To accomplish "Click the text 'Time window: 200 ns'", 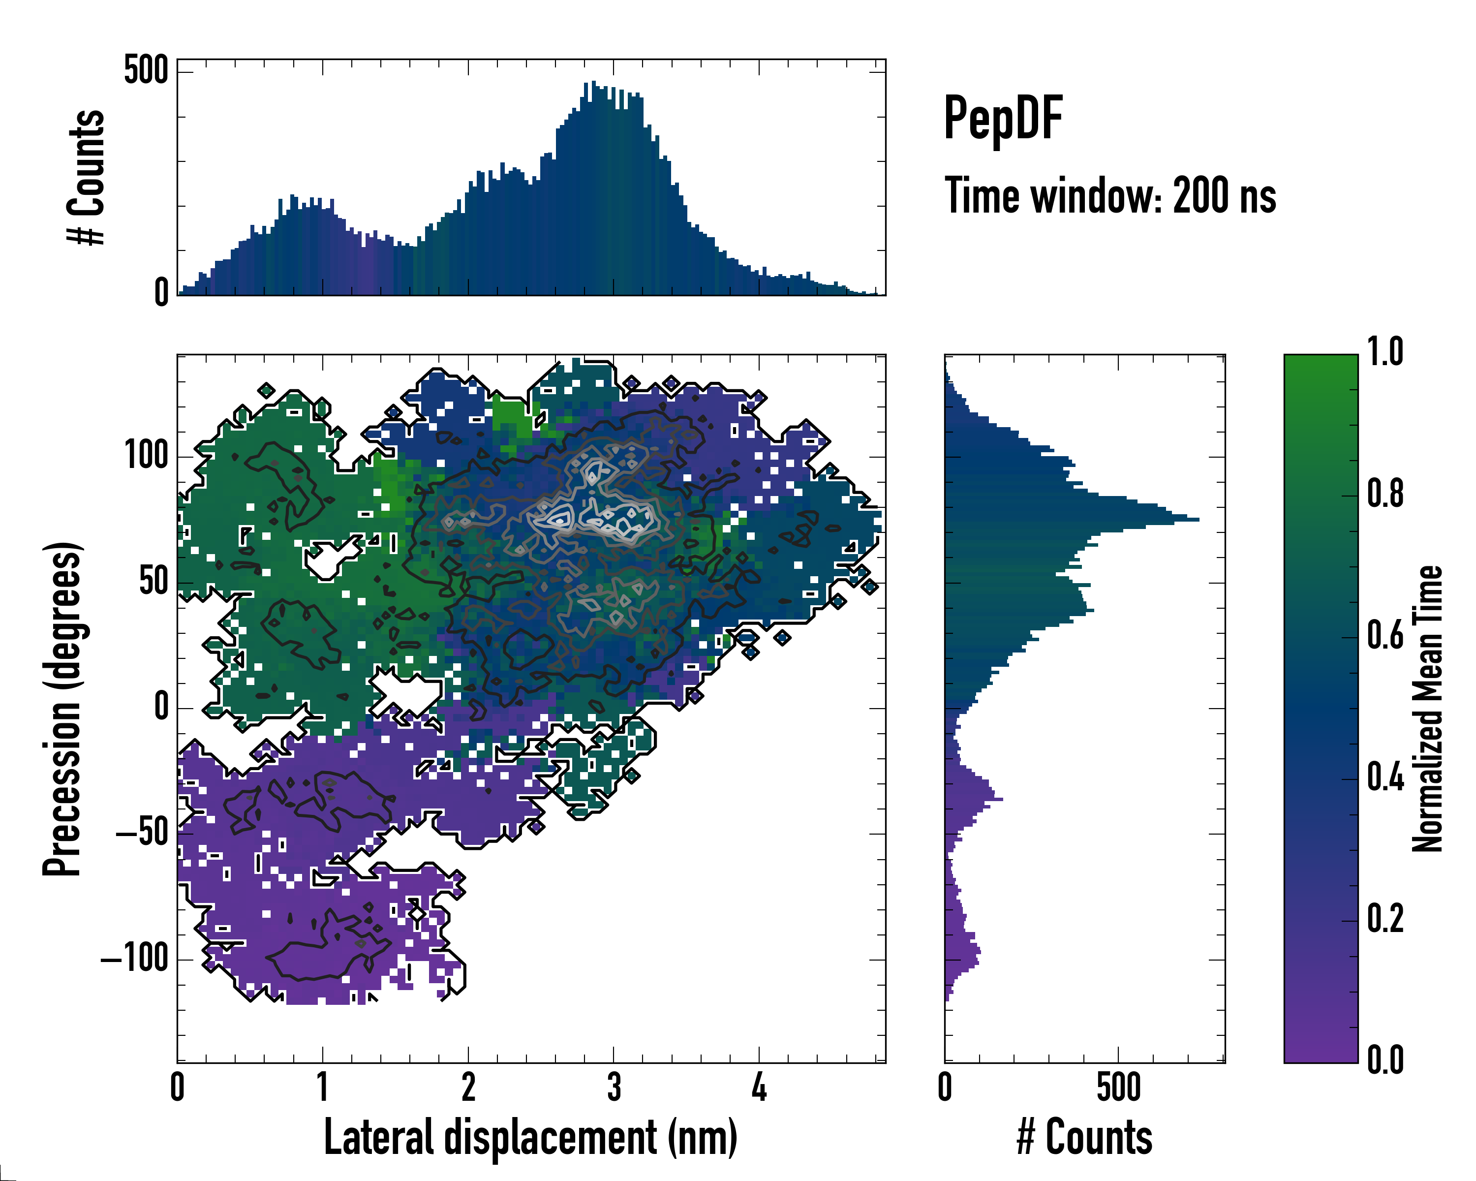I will [x=1110, y=196].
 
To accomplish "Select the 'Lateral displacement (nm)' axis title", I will [x=530, y=1138].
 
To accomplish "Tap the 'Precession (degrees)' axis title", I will [x=63, y=709].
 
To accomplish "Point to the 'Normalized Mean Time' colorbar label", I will [x=1427, y=709].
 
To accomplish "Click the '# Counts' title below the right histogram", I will [x=1084, y=1138].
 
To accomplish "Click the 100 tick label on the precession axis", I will [x=146, y=455].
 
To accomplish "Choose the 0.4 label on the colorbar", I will [x=1384, y=778].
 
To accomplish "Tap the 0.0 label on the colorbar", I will [x=1384, y=1060].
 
